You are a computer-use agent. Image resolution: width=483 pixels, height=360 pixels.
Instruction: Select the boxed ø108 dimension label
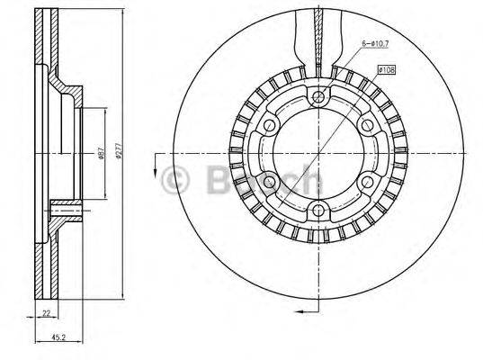[387, 69]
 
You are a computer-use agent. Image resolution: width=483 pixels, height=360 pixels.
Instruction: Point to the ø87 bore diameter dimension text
[99, 154]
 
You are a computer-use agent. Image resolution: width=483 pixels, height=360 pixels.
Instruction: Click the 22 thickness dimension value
[44, 313]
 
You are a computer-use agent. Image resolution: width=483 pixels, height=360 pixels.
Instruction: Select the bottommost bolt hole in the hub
[317, 211]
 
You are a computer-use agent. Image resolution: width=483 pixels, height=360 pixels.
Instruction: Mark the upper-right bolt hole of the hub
[366, 125]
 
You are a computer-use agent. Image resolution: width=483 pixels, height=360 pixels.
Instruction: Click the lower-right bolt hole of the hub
[366, 183]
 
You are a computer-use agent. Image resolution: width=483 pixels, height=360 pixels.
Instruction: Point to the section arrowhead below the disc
[297, 310]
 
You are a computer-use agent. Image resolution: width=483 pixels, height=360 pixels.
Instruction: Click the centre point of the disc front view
[317, 154]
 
